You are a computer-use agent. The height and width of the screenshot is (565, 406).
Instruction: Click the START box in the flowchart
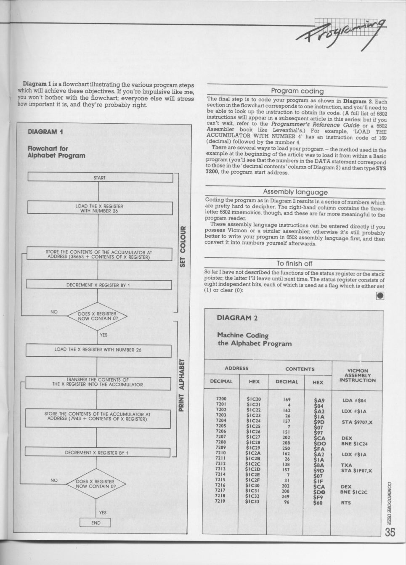tap(100, 178)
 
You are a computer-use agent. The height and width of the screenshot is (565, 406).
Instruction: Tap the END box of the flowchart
tap(96, 523)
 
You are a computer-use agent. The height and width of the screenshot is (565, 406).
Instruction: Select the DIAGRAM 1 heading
tap(45, 132)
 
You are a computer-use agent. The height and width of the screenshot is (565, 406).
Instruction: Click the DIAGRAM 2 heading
tap(237, 318)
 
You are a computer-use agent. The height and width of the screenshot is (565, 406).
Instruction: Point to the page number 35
tap(390, 532)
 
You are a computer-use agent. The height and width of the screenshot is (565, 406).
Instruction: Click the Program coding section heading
tap(297, 91)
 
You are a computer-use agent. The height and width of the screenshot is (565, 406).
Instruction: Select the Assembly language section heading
tap(295, 192)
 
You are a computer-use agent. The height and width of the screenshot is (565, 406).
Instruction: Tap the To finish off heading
tap(295, 263)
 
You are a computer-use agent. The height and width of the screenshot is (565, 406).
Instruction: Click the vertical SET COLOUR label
tap(183, 246)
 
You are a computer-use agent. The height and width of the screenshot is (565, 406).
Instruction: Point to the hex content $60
tap(318, 503)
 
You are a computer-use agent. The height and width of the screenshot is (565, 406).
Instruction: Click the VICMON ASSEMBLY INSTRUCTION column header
tap(357, 375)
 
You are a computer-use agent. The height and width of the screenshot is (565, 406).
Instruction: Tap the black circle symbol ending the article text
tap(380, 296)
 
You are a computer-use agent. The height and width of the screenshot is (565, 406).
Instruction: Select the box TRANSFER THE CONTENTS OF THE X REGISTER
tap(98, 382)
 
